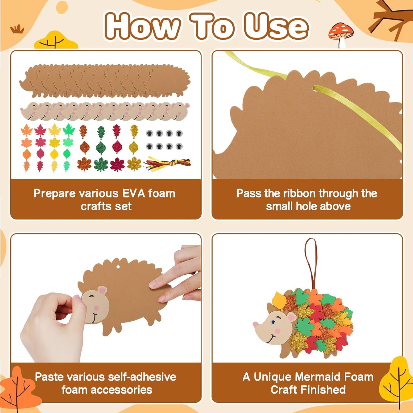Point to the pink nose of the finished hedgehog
[x=255, y=324]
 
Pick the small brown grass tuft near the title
[x=17, y=29]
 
